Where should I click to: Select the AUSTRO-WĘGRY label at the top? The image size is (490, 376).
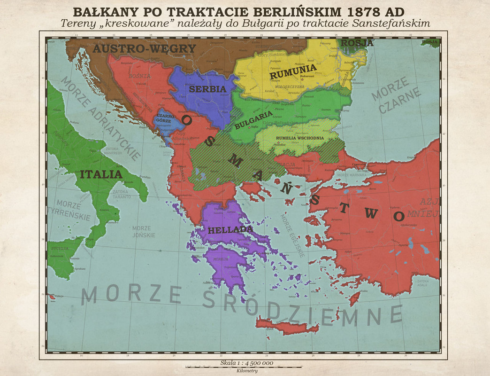click(144, 48)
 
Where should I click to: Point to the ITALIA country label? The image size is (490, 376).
click(101, 174)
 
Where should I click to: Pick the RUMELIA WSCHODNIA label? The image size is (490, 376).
click(300, 138)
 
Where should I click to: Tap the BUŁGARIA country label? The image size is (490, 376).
click(253, 120)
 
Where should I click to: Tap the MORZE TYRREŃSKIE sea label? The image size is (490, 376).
click(73, 210)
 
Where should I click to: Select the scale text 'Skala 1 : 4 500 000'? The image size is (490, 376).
click(246, 363)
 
